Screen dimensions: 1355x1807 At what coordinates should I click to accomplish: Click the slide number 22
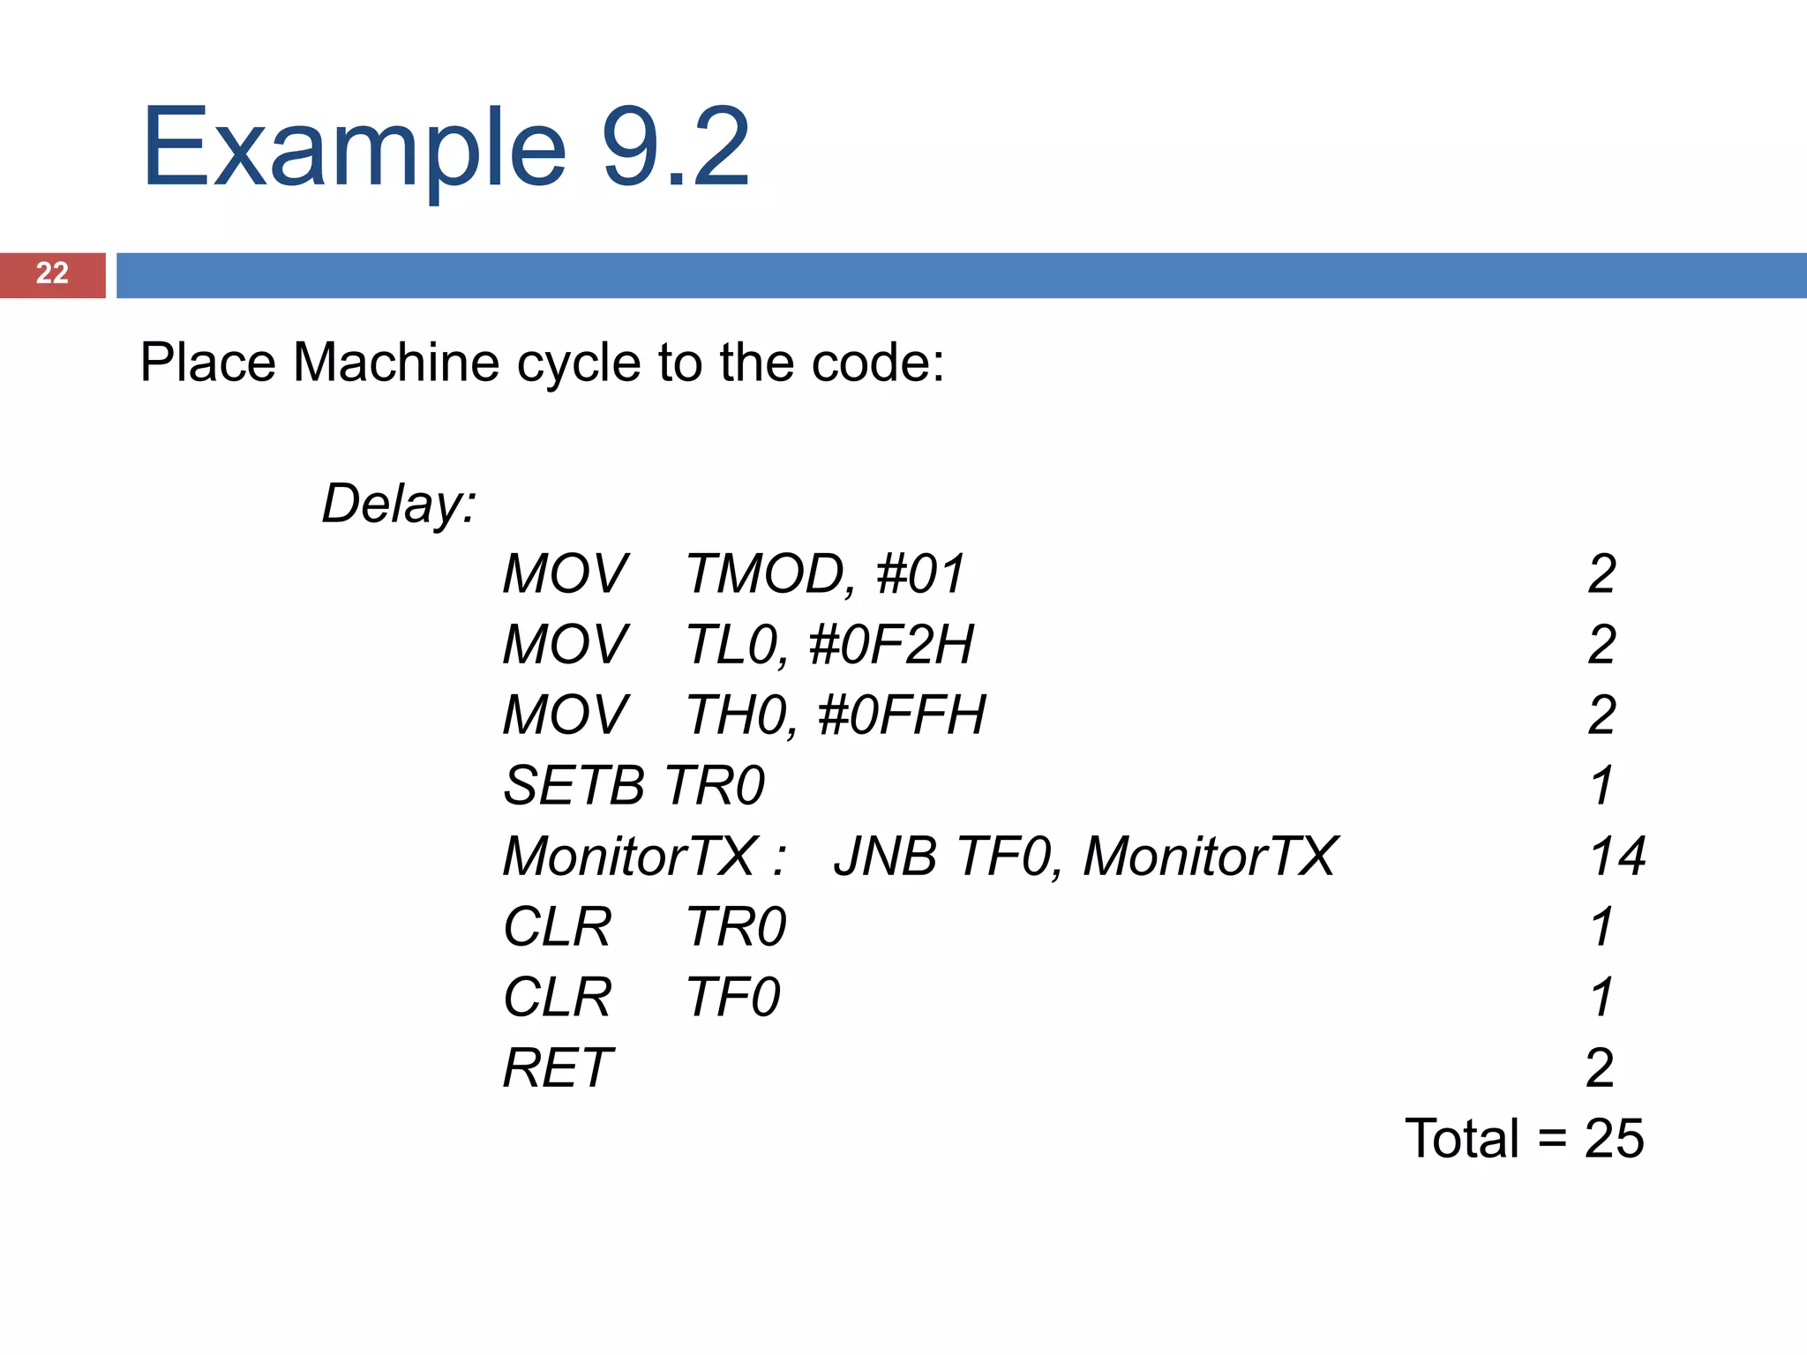(52, 273)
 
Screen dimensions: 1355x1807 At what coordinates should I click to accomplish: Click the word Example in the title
(353, 147)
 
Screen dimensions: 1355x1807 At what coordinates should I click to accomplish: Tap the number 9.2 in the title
(675, 147)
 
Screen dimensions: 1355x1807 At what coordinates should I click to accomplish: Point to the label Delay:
(399, 504)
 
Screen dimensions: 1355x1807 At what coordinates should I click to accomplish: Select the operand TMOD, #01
(826, 574)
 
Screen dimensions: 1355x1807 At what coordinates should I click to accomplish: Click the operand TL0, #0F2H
(830, 645)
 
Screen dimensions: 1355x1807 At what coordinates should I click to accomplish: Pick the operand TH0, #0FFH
(836, 715)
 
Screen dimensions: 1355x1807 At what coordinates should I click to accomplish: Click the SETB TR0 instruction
(634, 786)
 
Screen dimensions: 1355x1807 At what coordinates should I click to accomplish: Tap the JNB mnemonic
(885, 857)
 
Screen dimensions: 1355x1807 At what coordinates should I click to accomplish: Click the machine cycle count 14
(1617, 857)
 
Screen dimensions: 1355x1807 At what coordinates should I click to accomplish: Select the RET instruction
(558, 1068)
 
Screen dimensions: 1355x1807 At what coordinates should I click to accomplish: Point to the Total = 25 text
(1524, 1139)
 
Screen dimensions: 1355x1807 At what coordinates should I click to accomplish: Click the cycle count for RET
(1600, 1068)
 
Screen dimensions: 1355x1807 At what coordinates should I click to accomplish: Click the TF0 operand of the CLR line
(733, 998)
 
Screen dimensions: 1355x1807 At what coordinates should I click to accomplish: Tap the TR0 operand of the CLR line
(736, 927)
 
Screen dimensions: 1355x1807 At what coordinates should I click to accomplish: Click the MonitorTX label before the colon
(629, 857)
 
